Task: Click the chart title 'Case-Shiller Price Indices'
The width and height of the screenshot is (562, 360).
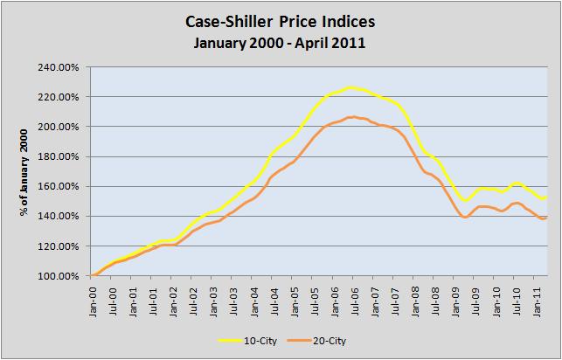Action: click(281, 19)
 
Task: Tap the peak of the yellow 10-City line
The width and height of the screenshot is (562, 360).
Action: click(350, 87)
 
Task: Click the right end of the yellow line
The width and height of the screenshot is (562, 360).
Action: click(546, 197)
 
